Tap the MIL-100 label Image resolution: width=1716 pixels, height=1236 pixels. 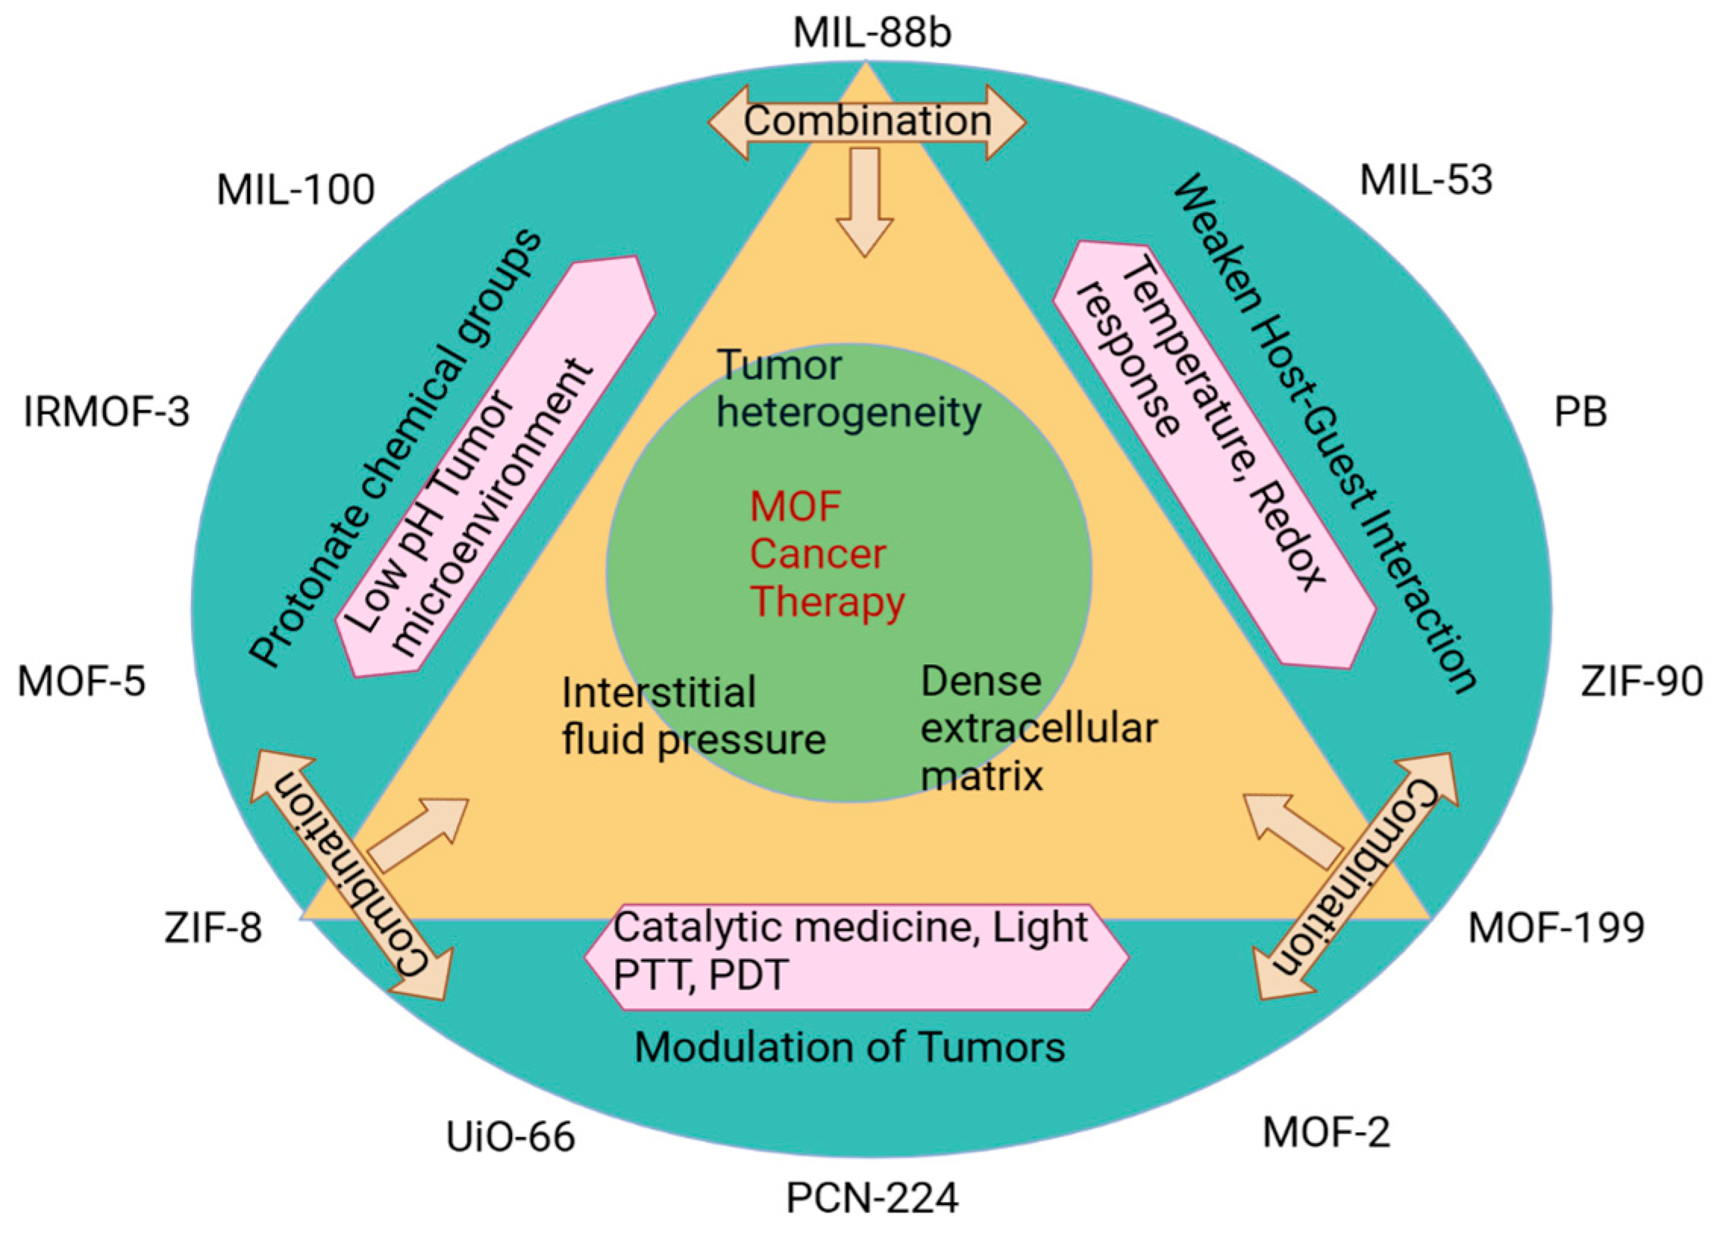tap(295, 189)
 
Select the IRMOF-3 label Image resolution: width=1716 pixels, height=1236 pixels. tap(106, 413)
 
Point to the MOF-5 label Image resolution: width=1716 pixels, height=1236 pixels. tap(81, 682)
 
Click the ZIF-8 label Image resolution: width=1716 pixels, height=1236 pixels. tap(213, 929)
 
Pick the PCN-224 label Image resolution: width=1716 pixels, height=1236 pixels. tap(872, 1199)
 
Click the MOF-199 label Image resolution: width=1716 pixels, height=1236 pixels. tap(1557, 929)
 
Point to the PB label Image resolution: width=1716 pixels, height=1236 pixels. tap(1580, 413)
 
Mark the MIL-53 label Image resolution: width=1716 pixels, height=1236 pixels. tap(1426, 181)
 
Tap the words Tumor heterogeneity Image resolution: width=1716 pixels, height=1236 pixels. tap(849, 390)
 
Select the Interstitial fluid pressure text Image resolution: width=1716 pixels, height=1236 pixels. tap(693, 716)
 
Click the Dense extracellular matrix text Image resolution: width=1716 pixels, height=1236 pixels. tap(1039, 729)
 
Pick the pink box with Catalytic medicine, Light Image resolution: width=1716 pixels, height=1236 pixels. tap(857, 957)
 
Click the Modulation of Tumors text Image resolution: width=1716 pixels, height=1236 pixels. tap(849, 1047)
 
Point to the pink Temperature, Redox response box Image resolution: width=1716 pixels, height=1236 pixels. tap(1214, 454)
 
